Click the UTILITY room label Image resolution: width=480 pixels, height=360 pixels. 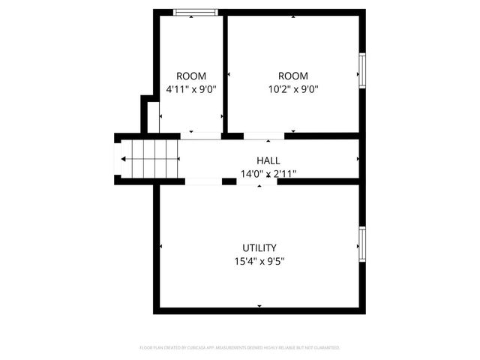(259, 248)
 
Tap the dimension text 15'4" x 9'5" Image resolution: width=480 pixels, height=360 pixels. (259, 262)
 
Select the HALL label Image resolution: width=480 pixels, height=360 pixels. (268, 160)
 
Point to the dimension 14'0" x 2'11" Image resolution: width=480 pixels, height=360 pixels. (268, 174)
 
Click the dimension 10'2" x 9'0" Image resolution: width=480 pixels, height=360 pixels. (292, 89)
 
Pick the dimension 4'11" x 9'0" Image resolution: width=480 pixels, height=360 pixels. (191, 89)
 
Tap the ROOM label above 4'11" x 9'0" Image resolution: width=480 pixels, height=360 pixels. (191, 76)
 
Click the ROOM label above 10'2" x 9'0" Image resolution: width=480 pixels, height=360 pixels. (292, 76)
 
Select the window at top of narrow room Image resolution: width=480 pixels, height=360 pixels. (196, 12)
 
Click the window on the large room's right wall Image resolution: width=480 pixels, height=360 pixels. (362, 70)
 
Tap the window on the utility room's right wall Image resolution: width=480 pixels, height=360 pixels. (362, 245)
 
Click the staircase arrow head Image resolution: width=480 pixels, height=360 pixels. (123, 159)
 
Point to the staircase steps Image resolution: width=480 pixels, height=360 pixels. (154, 159)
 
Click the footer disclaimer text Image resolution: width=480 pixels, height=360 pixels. (240, 348)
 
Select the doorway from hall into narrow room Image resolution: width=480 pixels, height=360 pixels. (201, 136)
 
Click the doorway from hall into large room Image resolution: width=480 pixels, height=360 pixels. (264, 136)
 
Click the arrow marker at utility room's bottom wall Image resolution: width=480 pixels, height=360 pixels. (259, 306)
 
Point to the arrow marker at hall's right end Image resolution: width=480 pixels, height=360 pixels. (358, 159)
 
